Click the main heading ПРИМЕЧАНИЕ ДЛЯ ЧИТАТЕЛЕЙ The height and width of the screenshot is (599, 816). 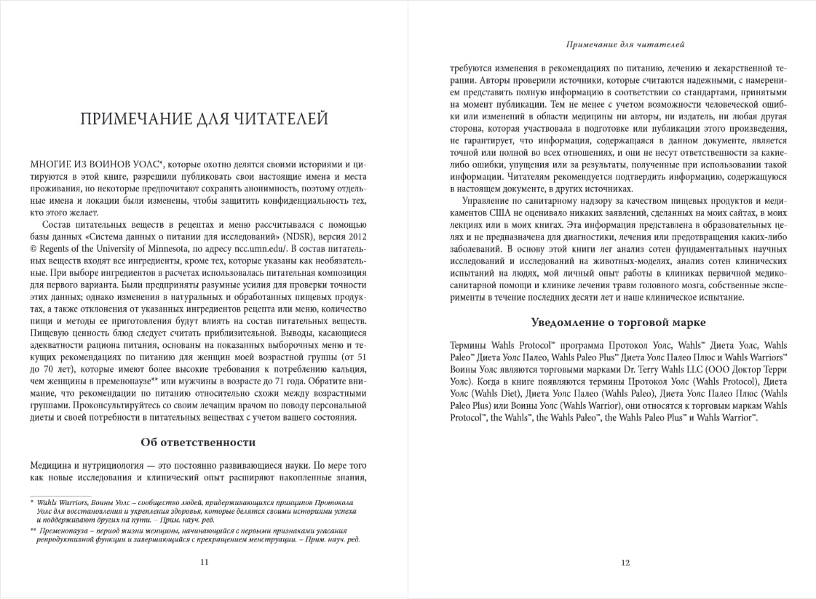point(203,119)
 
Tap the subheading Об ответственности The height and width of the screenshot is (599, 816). point(197,442)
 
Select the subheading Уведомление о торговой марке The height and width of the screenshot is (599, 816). point(619,322)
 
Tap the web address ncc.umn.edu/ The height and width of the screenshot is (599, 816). point(251,251)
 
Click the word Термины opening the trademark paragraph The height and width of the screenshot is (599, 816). point(471,345)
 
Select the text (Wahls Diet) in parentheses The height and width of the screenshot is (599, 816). point(496,394)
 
